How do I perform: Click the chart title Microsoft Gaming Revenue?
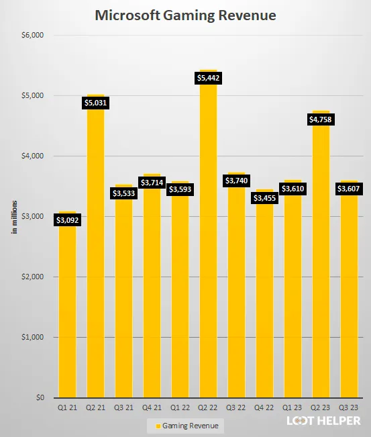[x=185, y=15]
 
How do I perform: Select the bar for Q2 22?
[x=208, y=269]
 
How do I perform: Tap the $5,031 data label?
[x=95, y=103]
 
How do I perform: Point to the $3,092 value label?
[x=67, y=220]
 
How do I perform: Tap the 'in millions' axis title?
[x=13, y=217]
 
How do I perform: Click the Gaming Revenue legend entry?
[x=187, y=426]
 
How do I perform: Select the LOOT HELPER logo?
[x=323, y=422]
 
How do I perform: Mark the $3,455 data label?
[x=264, y=198]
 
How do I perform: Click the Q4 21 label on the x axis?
[x=152, y=407]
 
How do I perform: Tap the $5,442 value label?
[x=208, y=78]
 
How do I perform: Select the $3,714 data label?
[x=152, y=182]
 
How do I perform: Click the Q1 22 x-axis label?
[x=180, y=407]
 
